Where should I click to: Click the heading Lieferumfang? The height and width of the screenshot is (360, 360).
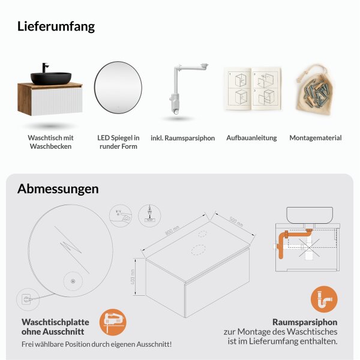[x=56, y=26]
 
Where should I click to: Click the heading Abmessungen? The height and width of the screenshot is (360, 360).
[x=58, y=189]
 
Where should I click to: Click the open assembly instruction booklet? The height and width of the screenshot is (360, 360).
[x=252, y=89]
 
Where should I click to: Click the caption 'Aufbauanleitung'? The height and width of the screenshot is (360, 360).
[x=251, y=138]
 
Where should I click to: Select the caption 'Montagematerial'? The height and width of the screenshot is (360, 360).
[x=316, y=138]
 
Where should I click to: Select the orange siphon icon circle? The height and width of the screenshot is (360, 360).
[x=324, y=299]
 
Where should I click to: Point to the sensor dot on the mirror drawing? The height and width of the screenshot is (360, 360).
[x=73, y=280]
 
